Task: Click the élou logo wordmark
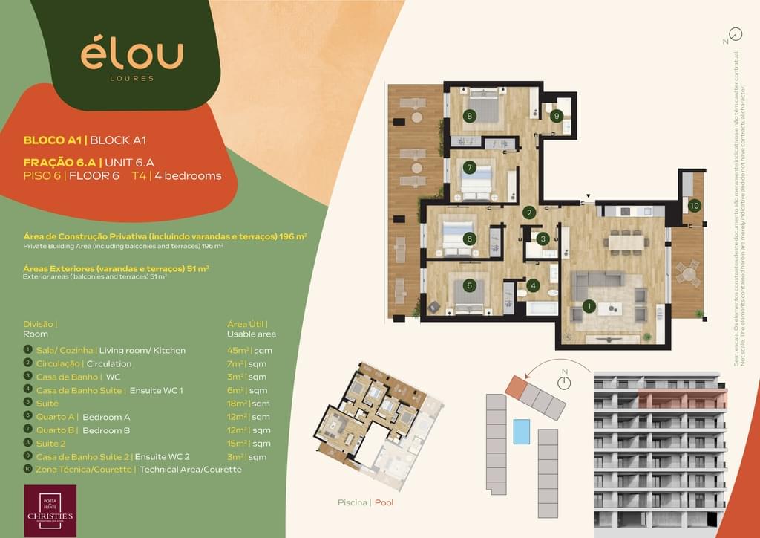coord(131,55)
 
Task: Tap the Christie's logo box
coord(50,510)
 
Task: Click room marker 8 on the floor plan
coord(469,116)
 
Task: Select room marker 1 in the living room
coord(589,305)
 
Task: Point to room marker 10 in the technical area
coord(694,205)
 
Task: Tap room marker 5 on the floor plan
coord(469,285)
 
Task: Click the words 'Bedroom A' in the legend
coord(106,417)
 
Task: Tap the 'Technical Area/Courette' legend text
coord(191,470)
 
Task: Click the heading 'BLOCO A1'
coord(53,140)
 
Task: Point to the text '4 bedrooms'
coord(188,176)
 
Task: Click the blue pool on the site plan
coord(522,432)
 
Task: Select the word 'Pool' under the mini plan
coord(384,502)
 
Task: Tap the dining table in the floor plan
coord(625,241)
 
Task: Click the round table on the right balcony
coord(689,273)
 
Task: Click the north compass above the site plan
coord(565,382)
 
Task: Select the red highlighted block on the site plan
coord(515,385)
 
